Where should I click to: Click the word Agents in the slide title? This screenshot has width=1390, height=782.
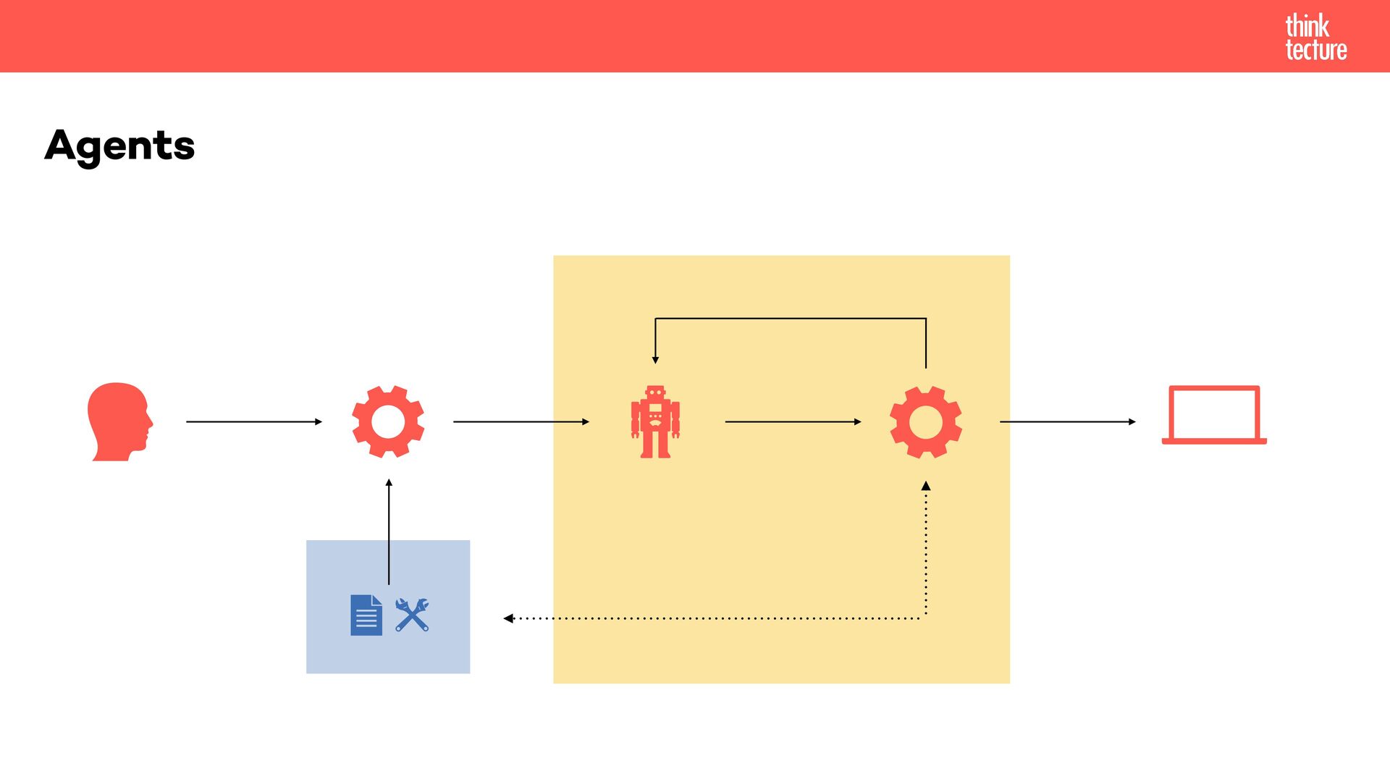[119, 146]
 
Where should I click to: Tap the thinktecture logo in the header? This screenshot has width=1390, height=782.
[1315, 37]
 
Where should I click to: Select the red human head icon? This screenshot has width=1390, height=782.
[119, 421]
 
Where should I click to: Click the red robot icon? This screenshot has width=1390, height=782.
[655, 421]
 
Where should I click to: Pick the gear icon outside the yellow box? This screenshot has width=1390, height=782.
[388, 421]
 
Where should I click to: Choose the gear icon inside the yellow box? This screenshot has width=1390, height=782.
[925, 421]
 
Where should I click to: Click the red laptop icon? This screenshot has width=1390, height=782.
[1214, 416]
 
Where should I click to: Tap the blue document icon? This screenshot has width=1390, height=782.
[366, 615]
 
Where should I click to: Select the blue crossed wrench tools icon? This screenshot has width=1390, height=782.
[412, 615]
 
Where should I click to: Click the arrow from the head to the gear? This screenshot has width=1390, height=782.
[253, 421]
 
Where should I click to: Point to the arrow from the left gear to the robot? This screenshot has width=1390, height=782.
[521, 421]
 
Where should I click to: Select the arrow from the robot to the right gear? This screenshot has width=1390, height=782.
[793, 421]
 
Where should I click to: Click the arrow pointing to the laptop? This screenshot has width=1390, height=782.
[1068, 421]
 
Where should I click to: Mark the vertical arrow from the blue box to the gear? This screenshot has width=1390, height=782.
[389, 532]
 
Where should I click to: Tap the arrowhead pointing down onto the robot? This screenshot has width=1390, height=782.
[655, 358]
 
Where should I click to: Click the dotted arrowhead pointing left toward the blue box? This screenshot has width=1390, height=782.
[509, 618]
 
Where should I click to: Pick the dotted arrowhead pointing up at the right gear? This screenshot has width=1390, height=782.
[925, 487]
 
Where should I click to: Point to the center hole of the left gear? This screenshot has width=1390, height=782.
[388, 421]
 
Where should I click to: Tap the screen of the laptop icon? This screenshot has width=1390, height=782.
[1214, 413]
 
